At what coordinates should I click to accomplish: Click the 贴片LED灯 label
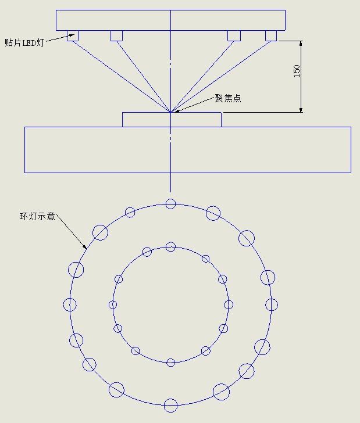pos(24,42)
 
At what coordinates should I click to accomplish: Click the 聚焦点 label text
pos(228,98)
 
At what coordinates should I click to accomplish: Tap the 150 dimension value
pos(297,71)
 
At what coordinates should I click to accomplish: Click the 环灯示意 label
pos(37,217)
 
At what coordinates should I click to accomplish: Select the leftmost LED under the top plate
pos(73,36)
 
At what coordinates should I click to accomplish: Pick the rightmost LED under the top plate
pos(271,36)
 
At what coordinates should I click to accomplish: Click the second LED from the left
pos(116,36)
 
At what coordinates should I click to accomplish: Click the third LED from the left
pos(234,36)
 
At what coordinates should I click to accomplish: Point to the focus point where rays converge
pos(170,112)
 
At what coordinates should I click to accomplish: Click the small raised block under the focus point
pos(172,120)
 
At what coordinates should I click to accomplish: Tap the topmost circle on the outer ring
pos(170,203)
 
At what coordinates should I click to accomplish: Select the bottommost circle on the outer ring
pos(170,405)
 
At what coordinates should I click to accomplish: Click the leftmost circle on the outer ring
pos(70,304)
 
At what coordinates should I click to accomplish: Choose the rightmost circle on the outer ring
pos(271,304)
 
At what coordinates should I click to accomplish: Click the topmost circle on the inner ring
pos(170,247)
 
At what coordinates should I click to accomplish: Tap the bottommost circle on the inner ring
pos(170,362)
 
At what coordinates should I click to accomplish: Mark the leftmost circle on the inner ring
pos(113,304)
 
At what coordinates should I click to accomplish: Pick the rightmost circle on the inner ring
pos(229,304)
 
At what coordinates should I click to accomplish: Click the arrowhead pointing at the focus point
pos(177,110)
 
